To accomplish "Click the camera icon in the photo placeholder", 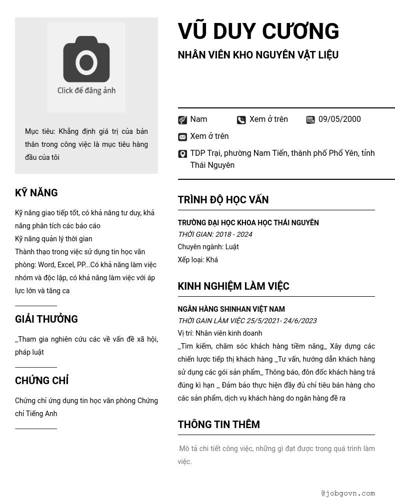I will (86, 59).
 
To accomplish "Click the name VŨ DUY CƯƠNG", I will (258, 31).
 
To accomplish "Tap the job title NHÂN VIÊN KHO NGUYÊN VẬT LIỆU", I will (258, 55).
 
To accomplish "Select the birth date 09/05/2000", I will (339, 119).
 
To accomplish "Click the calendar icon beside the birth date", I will (310, 120).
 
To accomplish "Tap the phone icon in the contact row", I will (241, 120).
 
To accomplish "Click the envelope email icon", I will (182, 137).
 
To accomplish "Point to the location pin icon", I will (182, 154).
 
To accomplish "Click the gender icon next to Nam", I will (182, 120).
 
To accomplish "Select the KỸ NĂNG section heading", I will (36, 193).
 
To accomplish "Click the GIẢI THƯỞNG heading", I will (46, 319).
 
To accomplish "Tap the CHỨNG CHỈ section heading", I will (42, 381).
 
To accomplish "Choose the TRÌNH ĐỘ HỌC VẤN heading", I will (223, 200).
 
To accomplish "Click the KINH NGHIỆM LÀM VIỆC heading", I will (233, 286).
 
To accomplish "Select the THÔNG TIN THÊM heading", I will (218, 425).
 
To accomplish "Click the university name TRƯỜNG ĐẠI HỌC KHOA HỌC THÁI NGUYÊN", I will (248, 223).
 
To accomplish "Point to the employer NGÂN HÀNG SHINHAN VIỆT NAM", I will (231, 309).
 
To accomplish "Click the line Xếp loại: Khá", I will (197, 260).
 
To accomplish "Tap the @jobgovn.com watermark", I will (348, 494).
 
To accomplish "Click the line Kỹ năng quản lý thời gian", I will (53, 239).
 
